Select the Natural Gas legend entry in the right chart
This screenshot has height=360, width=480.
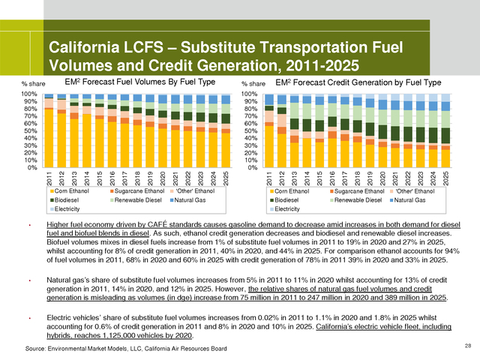(x=408, y=201)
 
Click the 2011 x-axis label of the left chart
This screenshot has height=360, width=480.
(x=49, y=179)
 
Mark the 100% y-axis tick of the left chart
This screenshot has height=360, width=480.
(x=28, y=94)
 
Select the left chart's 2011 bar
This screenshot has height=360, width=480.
(x=49, y=130)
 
